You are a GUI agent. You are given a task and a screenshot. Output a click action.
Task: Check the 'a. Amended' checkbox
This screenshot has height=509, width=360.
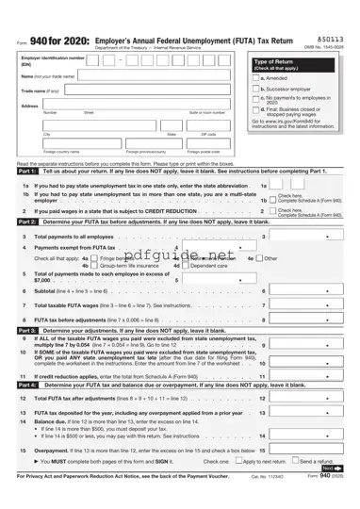coord(255,77)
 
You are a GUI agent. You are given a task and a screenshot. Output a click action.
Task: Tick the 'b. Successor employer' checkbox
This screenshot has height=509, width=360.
coord(255,89)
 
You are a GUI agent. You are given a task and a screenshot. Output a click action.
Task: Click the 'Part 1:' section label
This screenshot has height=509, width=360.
coord(27,172)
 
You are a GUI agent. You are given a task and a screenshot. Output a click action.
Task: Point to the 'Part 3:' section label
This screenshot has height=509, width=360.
coord(27,332)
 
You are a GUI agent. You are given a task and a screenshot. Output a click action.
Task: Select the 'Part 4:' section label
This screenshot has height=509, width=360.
coord(27,385)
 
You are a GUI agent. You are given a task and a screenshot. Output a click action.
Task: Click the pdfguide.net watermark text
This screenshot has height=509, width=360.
coord(179,254)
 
